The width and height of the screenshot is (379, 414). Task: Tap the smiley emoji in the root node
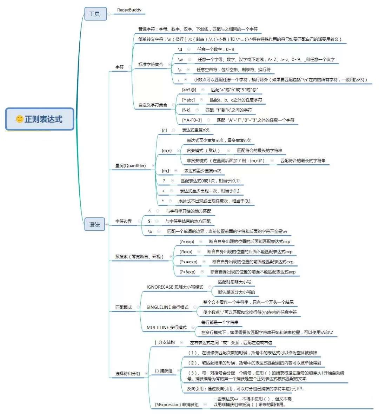[20, 119]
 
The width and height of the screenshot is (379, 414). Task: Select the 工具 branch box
[95, 14]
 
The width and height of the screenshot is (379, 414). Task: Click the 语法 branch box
[95, 224]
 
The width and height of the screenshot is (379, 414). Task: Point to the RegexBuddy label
[129, 10]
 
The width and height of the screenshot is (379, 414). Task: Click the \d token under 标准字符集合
[180, 50]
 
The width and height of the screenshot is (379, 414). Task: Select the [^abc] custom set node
[188, 100]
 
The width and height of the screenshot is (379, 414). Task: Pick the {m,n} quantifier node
[167, 151]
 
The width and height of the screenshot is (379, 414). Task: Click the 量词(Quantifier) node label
[131, 166]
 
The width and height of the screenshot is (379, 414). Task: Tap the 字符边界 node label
[124, 222]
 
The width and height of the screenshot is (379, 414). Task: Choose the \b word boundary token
[150, 232]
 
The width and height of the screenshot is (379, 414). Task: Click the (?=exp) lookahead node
[187, 242]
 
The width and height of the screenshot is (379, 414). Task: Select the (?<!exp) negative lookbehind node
[187, 272]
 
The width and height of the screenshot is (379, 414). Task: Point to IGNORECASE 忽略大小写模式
[175, 287]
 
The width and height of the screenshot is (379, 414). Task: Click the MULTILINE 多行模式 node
[167, 328]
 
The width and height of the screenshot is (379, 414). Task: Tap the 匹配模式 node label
[124, 307]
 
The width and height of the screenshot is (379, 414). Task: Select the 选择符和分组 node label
[128, 374]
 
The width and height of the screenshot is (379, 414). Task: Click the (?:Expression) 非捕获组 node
[177, 405]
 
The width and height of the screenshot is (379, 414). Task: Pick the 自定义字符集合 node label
[153, 105]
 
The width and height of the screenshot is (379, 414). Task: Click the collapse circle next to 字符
[130, 67]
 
